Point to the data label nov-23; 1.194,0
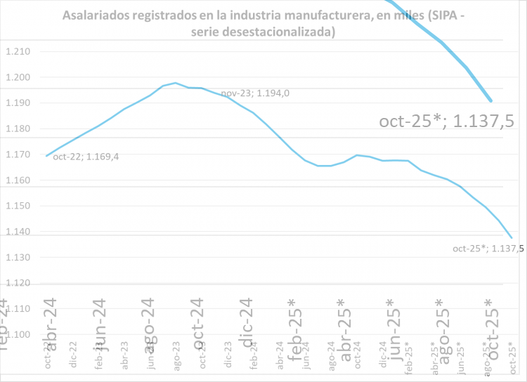(x=256, y=93)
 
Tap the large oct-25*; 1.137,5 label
(x=447, y=121)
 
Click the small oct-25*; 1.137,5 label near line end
(x=488, y=248)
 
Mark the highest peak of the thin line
(x=175, y=83)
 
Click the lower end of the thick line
(x=490, y=101)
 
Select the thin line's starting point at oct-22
(x=46, y=156)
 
